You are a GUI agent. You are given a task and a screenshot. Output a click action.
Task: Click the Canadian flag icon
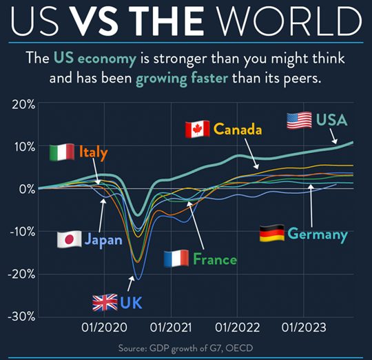[197, 129]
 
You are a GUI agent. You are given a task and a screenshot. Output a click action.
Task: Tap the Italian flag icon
[62, 152]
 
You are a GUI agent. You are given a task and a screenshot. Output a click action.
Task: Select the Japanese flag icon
[69, 239]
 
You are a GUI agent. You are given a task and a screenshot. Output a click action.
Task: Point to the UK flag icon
[105, 302]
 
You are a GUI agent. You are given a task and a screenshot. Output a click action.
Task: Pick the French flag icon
[176, 259]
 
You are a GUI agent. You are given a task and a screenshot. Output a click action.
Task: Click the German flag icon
[271, 234]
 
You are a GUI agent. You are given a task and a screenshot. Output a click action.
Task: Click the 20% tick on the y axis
[23, 105]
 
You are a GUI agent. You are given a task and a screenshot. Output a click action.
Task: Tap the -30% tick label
[21, 316]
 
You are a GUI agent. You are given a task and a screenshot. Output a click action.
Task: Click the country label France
[215, 259]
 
